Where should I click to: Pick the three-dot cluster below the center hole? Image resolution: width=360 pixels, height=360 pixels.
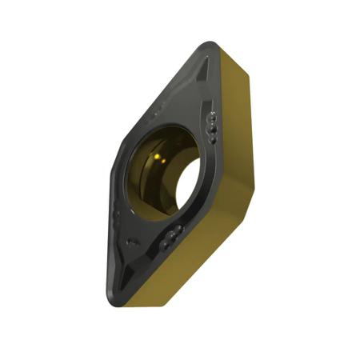[x=171, y=238]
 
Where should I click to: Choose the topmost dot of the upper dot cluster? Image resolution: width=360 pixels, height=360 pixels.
[x=213, y=118]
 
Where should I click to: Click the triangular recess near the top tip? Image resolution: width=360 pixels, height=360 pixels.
[x=200, y=76]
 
